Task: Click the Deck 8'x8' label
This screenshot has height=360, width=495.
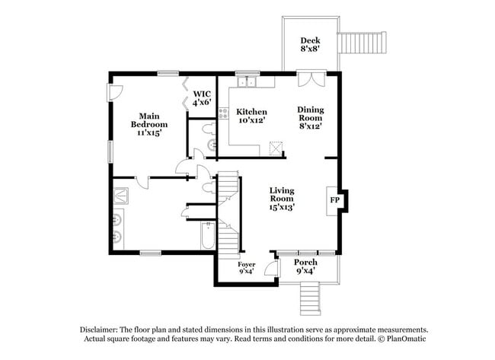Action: click(309, 45)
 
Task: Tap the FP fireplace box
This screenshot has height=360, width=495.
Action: click(334, 200)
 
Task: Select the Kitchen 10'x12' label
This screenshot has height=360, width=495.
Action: click(251, 116)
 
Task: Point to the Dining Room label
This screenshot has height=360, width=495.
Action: click(309, 118)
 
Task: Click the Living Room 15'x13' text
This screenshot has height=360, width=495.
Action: click(282, 198)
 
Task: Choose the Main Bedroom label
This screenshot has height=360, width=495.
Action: click(148, 124)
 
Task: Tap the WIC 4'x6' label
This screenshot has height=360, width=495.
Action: click(201, 97)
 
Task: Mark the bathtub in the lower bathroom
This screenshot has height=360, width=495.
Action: click(208, 236)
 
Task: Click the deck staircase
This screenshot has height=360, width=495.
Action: click(363, 43)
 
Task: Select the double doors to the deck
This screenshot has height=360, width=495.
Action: click(311, 78)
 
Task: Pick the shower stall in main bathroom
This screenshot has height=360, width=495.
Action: click(120, 194)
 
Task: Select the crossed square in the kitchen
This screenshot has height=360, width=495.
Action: click(276, 145)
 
